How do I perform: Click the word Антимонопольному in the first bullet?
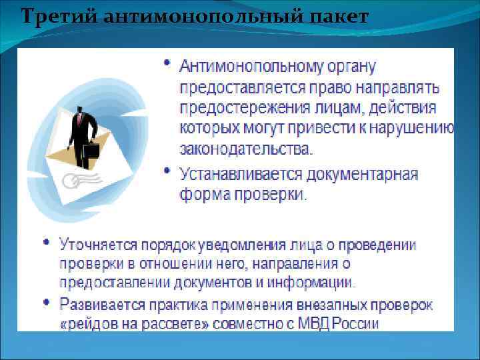pyautogui.click(x=248, y=66)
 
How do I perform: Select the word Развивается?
pyautogui.click(x=98, y=305)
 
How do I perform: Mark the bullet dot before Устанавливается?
pyautogui.click(x=167, y=171)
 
